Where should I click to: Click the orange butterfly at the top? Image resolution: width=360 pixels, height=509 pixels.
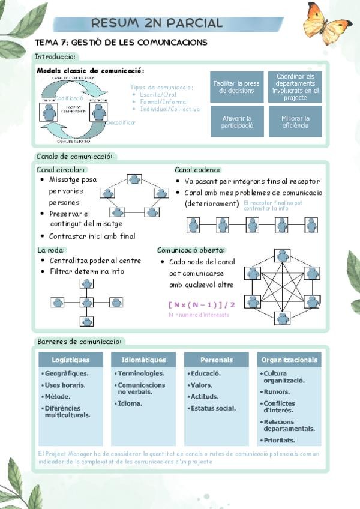[327, 24]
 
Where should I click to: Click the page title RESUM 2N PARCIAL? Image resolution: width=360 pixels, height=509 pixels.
[157, 23]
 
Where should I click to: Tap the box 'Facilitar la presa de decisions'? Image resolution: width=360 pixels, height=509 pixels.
[236, 87]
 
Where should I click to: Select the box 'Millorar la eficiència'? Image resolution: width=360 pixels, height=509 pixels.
[295, 122]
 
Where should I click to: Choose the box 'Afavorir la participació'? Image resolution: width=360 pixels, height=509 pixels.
[236, 122]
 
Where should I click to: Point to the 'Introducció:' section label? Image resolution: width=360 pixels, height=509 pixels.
[55, 57]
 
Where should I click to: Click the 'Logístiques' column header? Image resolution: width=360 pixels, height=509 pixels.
[71, 360]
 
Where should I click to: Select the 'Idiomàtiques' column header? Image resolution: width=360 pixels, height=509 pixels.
[143, 360]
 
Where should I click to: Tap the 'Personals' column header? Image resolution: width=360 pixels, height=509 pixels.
[216, 360]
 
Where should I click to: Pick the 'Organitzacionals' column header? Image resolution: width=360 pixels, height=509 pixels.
[289, 360]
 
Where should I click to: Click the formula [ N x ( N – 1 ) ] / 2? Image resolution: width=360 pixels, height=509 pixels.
[202, 304]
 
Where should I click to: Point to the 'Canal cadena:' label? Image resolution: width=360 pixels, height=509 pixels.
[197, 170]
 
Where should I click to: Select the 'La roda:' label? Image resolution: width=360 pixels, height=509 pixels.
[51, 250]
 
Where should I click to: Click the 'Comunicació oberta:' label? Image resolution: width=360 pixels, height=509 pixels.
[191, 250]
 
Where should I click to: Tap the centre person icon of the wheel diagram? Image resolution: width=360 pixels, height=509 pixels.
[87, 302]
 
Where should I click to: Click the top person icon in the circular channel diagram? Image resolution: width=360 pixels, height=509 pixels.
[135, 179]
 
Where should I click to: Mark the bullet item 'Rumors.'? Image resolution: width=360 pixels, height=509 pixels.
[277, 392]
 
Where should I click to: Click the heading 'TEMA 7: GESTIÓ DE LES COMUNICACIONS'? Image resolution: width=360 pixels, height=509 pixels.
[122, 43]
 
